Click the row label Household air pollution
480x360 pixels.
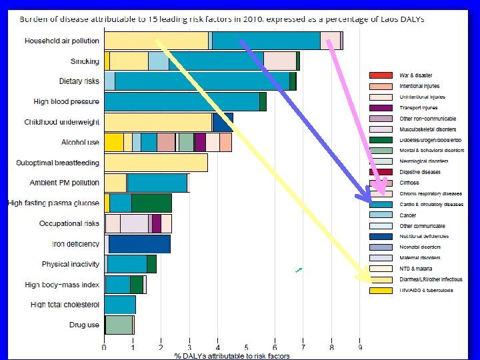(62, 41)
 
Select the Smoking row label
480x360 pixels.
(85, 61)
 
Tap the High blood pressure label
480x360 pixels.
(67, 102)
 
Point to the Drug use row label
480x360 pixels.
(84, 325)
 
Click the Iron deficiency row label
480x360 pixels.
(76, 244)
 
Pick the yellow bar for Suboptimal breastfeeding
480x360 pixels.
(156, 163)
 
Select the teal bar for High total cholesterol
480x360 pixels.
(120, 305)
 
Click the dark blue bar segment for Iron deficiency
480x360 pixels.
(139, 244)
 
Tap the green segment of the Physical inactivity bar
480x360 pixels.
(151, 264)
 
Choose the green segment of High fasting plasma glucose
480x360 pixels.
(151, 203)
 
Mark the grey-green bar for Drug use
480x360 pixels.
(119, 325)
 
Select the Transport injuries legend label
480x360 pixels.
(418, 107)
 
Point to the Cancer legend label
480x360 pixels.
(407, 215)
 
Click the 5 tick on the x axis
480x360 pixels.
(246, 347)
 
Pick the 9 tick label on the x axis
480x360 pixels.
(360, 347)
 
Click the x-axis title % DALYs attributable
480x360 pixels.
(232, 356)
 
